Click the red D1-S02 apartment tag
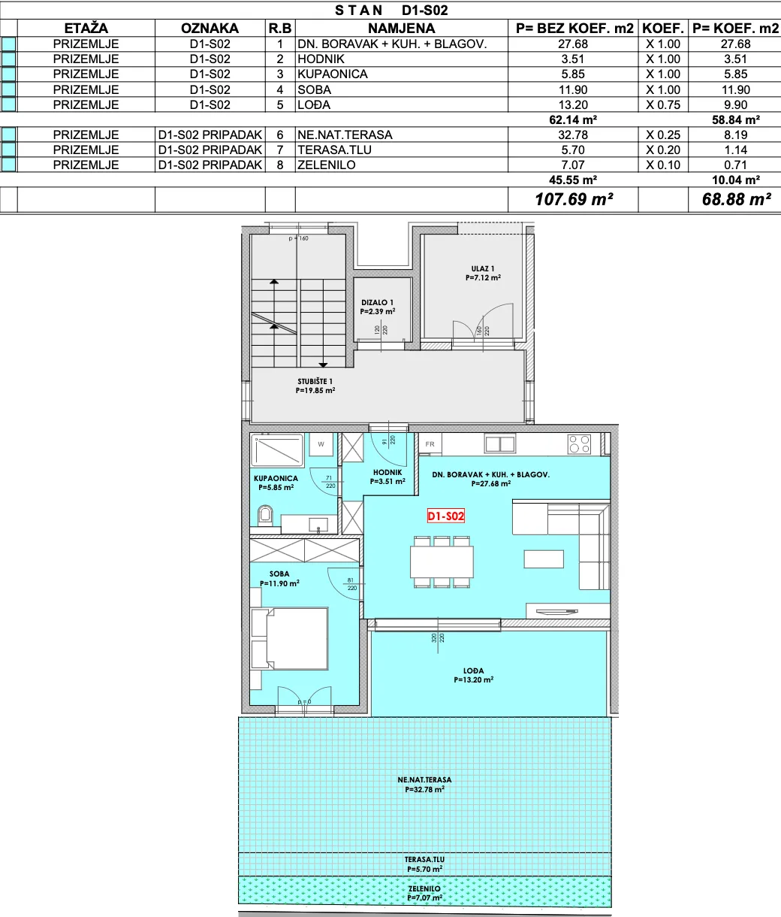(x=445, y=516)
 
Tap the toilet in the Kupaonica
(x=265, y=516)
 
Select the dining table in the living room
(x=442, y=561)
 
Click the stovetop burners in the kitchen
(x=579, y=443)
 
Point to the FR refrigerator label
(x=430, y=443)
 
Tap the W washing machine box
(x=321, y=444)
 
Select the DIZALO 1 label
(x=377, y=302)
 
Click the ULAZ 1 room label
(x=483, y=268)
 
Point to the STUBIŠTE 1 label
(x=315, y=381)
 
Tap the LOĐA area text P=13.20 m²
(x=473, y=679)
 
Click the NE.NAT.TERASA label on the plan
(x=424, y=779)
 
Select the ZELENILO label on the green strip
(x=424, y=888)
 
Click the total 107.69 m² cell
(x=574, y=199)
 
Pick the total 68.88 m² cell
(x=736, y=199)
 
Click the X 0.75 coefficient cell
(x=663, y=104)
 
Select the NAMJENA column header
(x=402, y=29)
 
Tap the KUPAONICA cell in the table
(x=333, y=74)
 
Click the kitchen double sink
(x=500, y=443)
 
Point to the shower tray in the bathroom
(x=277, y=450)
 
